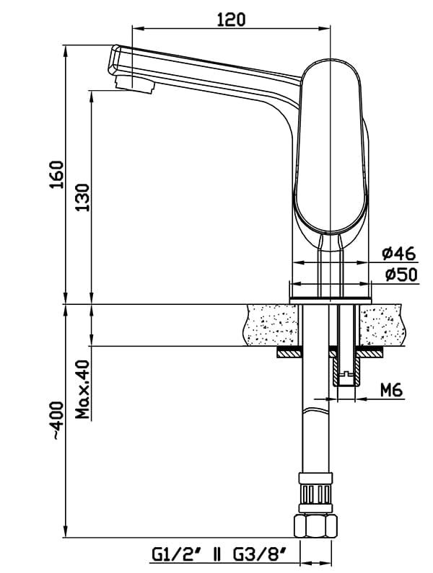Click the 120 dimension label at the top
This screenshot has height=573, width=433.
click(232, 19)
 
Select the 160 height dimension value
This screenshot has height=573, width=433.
click(56, 174)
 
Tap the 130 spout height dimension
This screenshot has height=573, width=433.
click(83, 197)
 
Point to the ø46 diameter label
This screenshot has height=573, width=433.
click(399, 253)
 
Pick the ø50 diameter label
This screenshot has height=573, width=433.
click(401, 275)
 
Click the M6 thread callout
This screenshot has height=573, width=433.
click(391, 390)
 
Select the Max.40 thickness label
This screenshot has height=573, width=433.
click(83, 389)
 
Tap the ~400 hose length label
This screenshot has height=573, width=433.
click(57, 421)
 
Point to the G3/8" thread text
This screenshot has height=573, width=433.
click(259, 556)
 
